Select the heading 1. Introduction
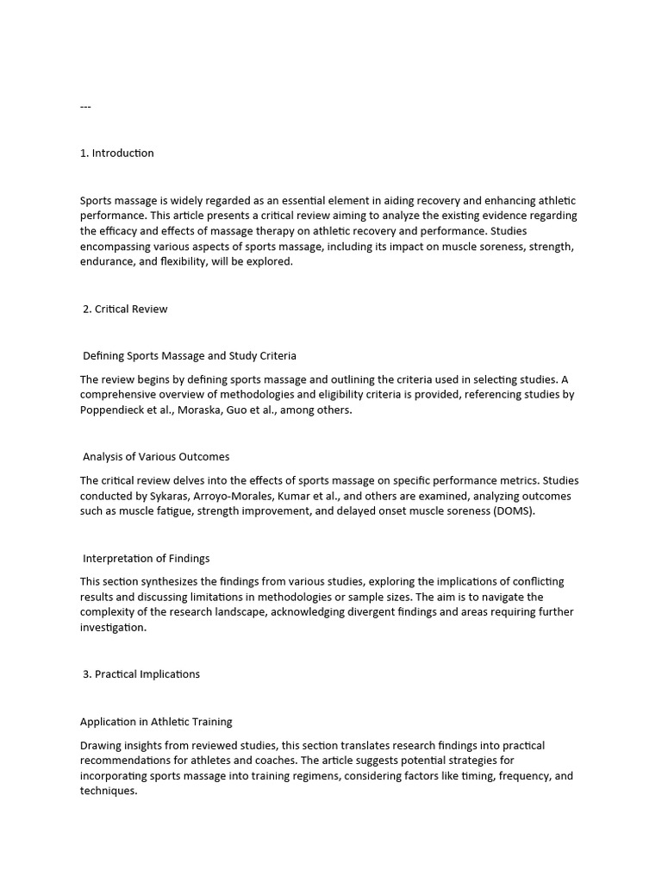coord(117,153)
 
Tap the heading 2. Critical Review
coord(125,309)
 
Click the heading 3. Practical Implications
coord(141,674)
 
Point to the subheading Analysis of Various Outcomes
coord(156,457)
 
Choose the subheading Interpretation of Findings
coord(146,559)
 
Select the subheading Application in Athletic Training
coord(156,722)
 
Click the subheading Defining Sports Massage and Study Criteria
coord(190,355)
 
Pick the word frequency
coord(521,776)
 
